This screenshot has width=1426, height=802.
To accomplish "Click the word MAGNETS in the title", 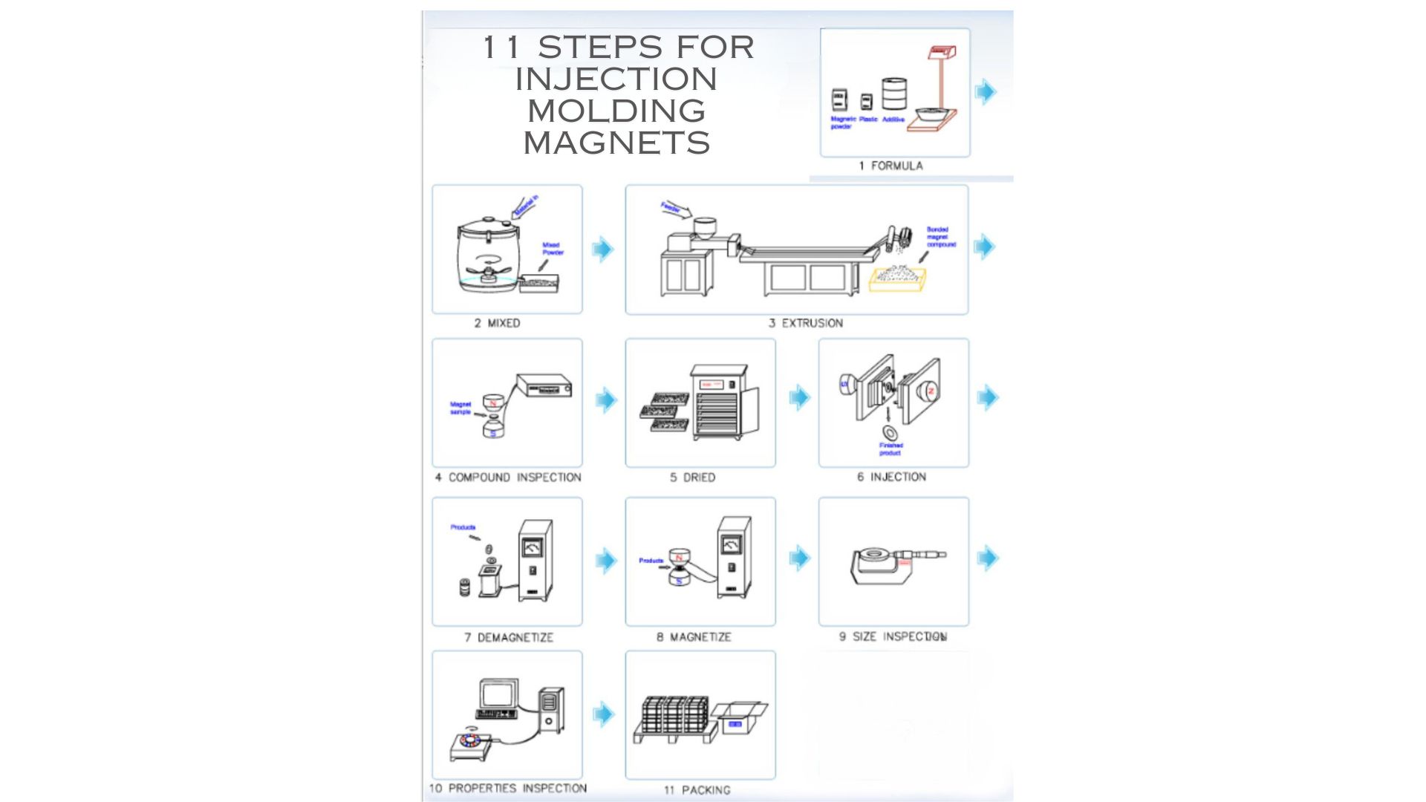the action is click(x=616, y=143).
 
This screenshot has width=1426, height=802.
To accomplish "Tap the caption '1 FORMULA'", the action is click(x=891, y=166).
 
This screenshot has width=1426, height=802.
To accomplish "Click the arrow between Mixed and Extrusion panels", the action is click(x=603, y=249).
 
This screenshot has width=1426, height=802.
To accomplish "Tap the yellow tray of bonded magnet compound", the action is click(x=897, y=278).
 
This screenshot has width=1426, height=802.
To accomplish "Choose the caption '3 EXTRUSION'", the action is click(x=805, y=323).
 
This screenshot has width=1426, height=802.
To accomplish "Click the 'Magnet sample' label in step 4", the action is click(x=460, y=408).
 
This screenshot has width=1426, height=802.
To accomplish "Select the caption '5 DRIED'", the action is click(x=692, y=477).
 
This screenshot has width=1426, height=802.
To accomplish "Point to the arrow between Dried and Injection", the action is click(x=799, y=397).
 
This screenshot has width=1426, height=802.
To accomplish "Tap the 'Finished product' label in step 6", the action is click(x=891, y=449).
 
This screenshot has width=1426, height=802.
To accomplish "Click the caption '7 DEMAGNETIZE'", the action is click(x=509, y=637).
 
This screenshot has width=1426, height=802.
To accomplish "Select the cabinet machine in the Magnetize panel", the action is click(x=733, y=557).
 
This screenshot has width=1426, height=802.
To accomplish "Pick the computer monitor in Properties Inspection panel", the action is click(x=498, y=694).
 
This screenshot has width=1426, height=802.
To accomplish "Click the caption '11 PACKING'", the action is click(x=697, y=790).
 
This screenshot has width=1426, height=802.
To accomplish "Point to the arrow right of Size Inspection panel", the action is click(x=987, y=557).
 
